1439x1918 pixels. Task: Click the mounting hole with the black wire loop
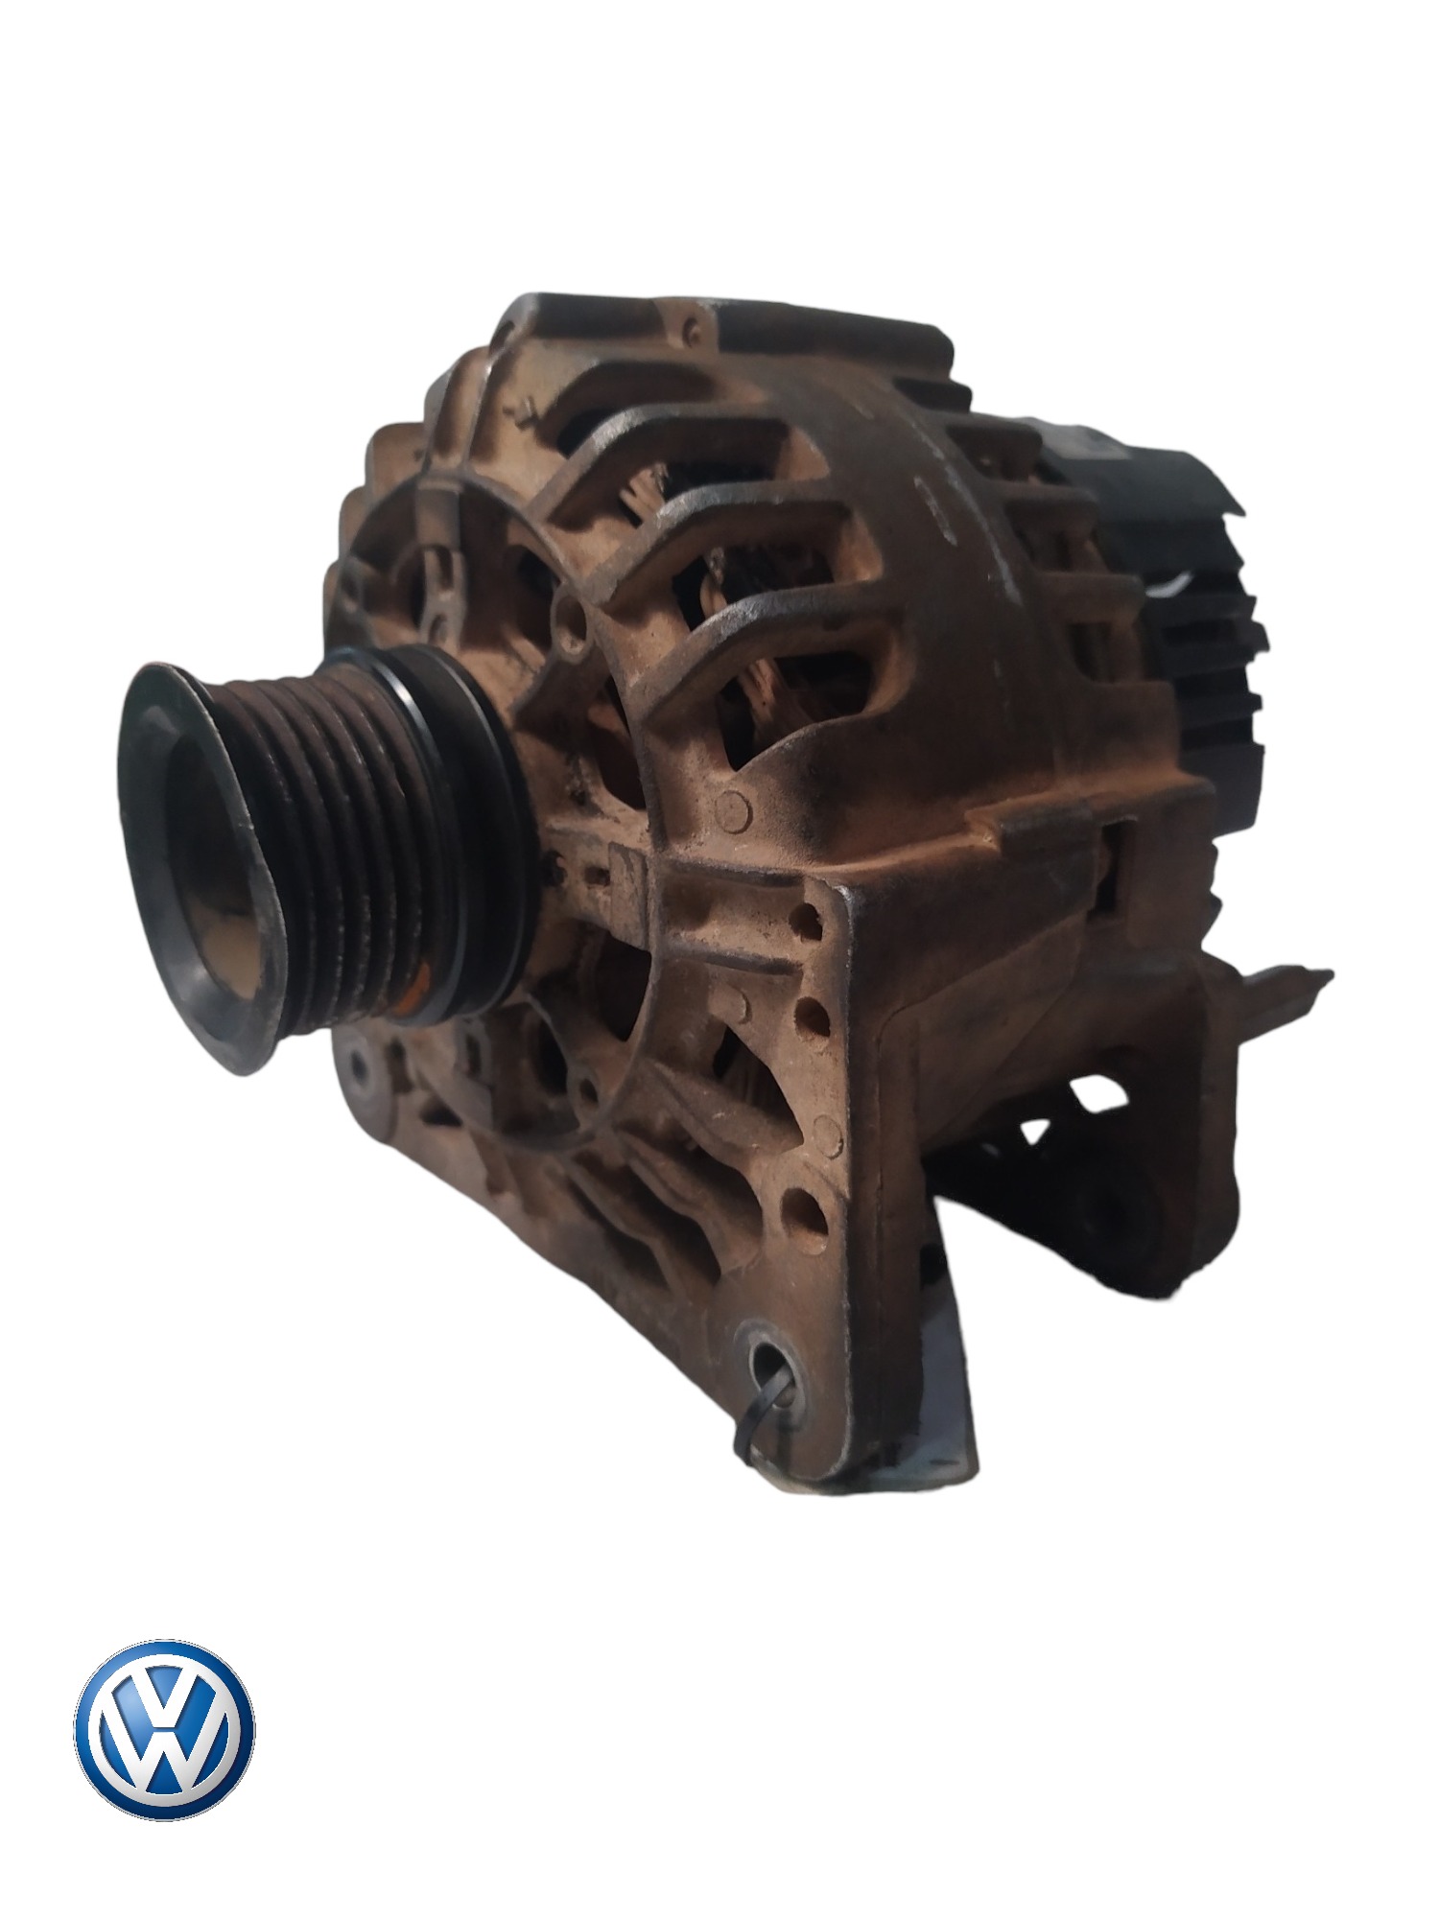(x=770, y=1354)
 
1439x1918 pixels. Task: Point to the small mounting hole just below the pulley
(x=357, y=1063)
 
